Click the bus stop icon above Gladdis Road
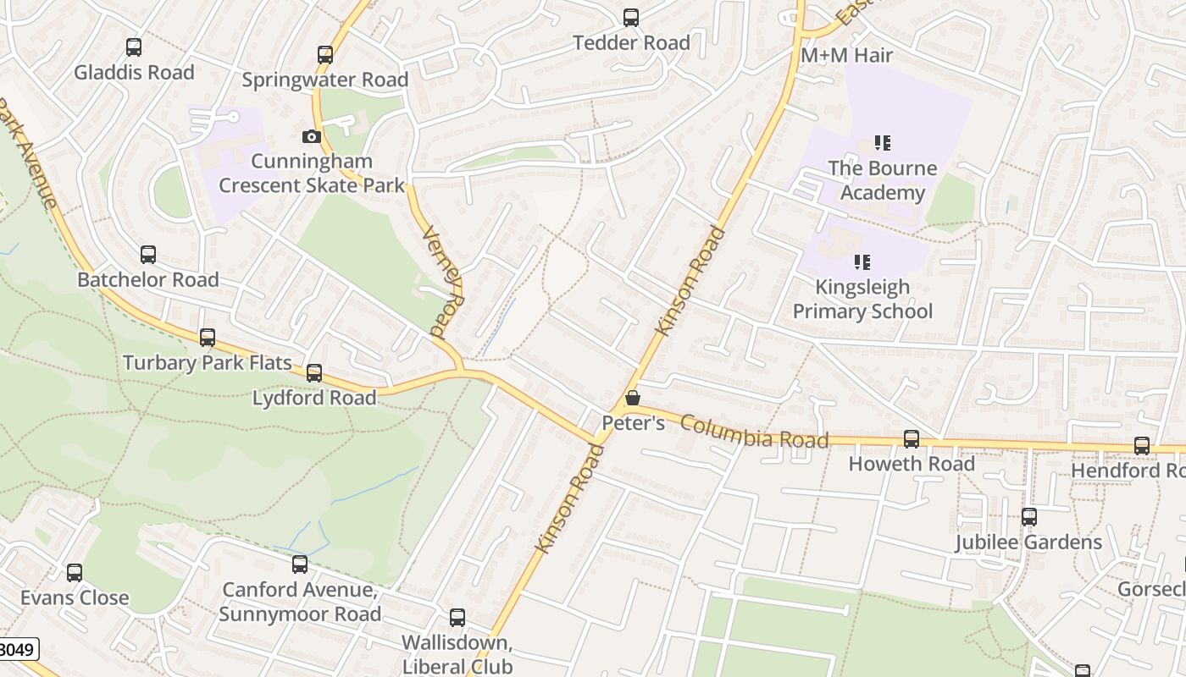134,47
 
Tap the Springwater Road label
325,80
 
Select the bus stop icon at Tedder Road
631,18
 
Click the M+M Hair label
847,55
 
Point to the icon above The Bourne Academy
883,143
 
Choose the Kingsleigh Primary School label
862,299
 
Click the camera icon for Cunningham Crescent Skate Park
312,136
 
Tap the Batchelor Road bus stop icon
148,254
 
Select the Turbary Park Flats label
208,363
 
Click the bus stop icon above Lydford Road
314,372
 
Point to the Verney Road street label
443,282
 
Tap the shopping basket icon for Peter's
633,398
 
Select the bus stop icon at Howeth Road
912,439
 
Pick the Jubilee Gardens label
1028,542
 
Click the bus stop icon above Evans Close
75,573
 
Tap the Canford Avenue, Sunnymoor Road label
300,601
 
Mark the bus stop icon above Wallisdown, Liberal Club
457,618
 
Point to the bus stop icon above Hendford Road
1142,446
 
